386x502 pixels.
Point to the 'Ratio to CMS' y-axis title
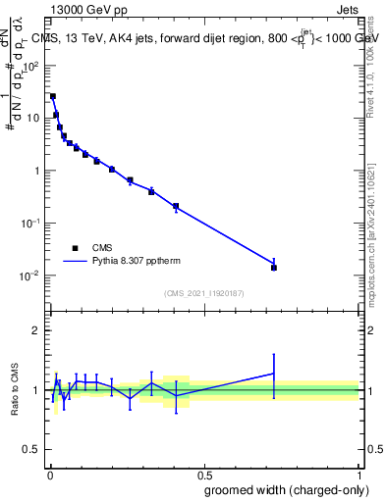pos(16,390)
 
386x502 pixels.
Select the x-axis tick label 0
pos(49,473)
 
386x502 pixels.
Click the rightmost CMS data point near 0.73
pos(274,268)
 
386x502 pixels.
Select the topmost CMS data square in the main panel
pos(53,96)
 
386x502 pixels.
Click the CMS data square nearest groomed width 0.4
pos(176,206)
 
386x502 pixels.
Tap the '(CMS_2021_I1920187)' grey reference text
pos(204,292)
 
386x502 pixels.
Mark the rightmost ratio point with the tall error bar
pos(274,373)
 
